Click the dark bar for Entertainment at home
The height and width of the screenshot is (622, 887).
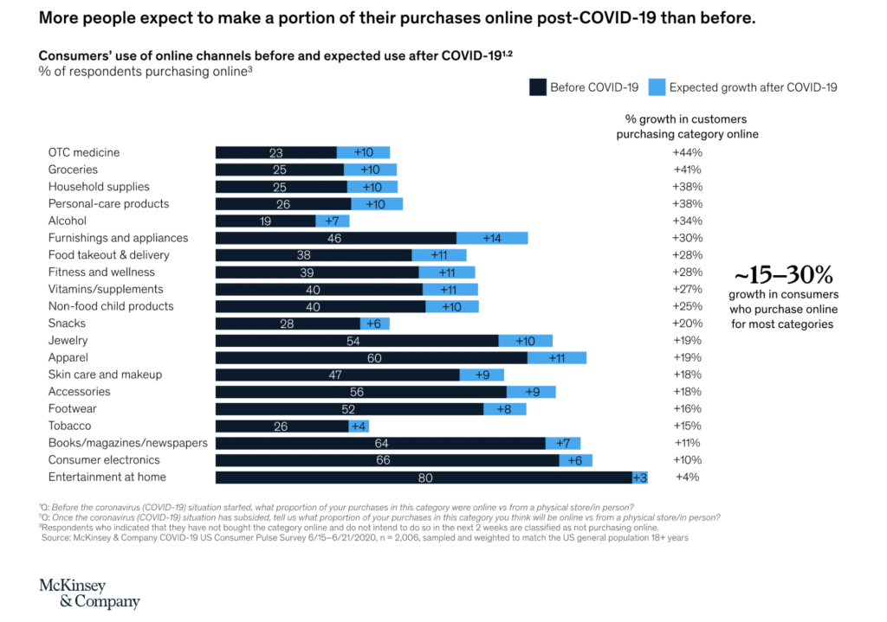424,478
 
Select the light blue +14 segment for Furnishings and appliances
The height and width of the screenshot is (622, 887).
492,238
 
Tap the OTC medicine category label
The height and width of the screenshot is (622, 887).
84,152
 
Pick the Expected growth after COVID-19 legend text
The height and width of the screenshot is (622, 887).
753,87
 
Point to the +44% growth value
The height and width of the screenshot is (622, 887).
687,152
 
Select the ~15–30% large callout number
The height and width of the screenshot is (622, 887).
783,276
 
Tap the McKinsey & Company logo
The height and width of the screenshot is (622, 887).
89,593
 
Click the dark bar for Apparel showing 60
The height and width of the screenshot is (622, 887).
372,357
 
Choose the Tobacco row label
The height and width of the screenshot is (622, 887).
69,426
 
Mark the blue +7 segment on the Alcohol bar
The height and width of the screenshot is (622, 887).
333,221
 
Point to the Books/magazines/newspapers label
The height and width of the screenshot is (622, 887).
127,443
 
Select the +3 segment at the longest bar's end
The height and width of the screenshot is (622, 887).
640,478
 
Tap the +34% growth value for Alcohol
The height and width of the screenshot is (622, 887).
687,221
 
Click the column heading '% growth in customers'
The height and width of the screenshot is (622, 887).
686,119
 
